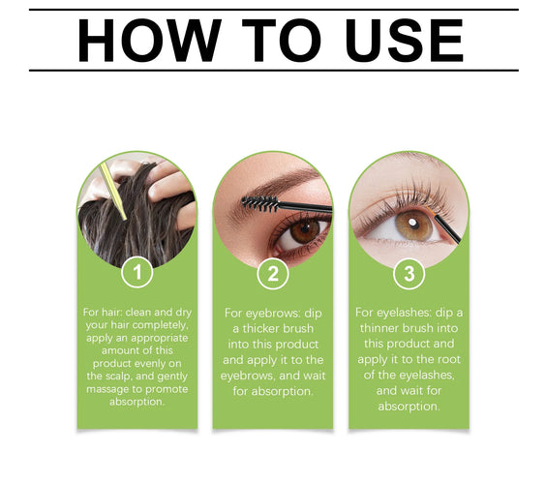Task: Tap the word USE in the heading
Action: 394,41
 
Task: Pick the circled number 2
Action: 272,274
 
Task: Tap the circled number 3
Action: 409,274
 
